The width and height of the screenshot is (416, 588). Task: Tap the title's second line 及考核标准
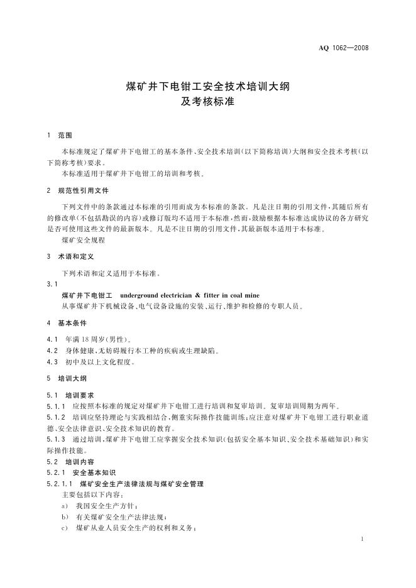point(207,101)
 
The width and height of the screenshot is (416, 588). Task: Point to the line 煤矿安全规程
point(83,240)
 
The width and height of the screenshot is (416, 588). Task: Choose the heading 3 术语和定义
point(70,256)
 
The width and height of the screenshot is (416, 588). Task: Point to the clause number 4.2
point(52,351)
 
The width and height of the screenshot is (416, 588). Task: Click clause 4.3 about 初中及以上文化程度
point(91,362)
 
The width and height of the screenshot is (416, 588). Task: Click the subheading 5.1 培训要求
point(70,395)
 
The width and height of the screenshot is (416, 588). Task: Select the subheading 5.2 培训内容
point(70,461)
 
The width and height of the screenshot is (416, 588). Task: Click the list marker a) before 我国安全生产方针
point(65,506)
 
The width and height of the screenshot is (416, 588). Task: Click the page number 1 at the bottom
point(364,540)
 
